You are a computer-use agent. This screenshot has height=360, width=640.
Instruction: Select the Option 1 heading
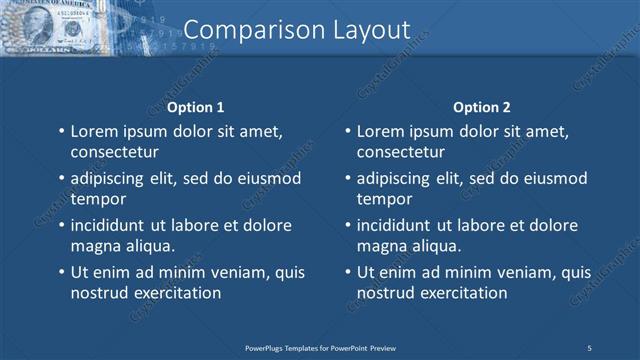[195, 107]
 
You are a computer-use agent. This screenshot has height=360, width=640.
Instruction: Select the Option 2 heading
[481, 107]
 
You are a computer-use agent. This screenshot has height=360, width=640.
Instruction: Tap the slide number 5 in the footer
[589, 347]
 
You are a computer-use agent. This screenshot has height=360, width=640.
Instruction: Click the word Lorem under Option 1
[94, 131]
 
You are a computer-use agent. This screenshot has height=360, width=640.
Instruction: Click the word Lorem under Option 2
[380, 131]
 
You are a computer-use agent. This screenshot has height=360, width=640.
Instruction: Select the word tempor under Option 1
[95, 199]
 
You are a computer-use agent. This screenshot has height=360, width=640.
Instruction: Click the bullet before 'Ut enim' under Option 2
[348, 272]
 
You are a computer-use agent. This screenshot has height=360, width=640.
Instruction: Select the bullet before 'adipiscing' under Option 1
[62, 178]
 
